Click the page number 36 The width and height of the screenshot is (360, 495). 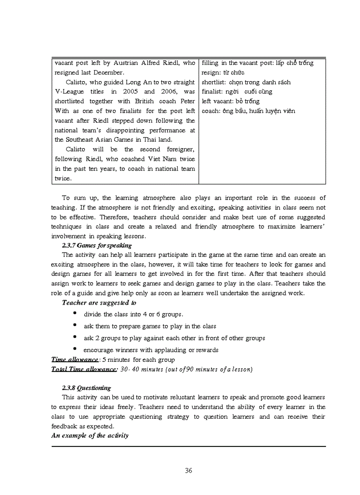(188, 470)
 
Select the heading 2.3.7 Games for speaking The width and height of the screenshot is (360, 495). (97, 246)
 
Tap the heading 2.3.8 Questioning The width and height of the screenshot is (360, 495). (86, 388)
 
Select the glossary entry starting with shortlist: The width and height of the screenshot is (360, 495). (246, 82)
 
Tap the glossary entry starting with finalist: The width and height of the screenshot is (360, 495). (237, 92)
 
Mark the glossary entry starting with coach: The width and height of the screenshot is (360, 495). (248, 111)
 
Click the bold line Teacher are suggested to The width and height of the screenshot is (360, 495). (99, 303)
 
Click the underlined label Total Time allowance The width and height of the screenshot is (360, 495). (84, 369)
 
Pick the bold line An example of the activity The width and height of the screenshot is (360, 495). (90, 435)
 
